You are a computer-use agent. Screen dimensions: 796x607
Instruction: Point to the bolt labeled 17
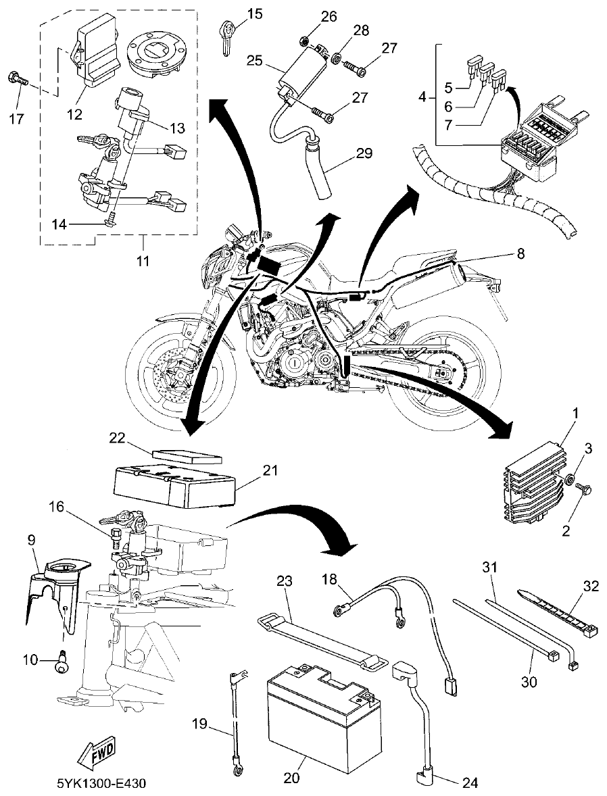[x=18, y=82]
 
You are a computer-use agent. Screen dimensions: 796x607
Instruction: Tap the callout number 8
[x=519, y=253]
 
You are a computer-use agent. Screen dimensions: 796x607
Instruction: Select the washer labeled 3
[x=570, y=480]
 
